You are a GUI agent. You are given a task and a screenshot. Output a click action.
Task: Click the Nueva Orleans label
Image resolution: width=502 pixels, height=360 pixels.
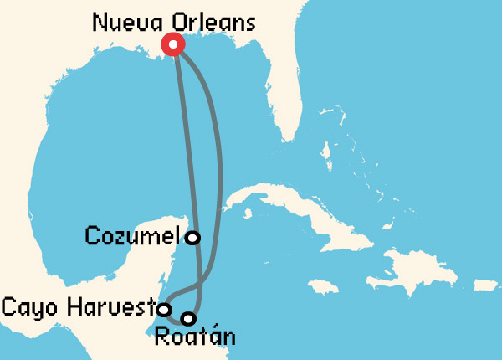tap(173, 23)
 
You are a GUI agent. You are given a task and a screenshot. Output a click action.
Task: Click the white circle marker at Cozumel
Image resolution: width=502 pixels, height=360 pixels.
tap(192, 238)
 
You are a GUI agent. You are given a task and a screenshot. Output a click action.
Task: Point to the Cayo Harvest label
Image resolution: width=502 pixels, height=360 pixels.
tap(79, 307)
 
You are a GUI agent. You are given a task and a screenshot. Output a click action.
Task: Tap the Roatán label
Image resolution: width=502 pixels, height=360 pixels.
tap(194, 338)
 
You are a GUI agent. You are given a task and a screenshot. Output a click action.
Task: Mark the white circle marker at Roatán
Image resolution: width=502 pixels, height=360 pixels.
tap(188, 318)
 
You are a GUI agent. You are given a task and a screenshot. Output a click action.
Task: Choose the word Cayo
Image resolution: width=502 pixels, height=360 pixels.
tap(29, 307)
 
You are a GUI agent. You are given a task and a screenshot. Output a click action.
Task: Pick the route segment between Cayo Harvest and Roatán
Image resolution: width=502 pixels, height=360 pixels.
tap(176, 319)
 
